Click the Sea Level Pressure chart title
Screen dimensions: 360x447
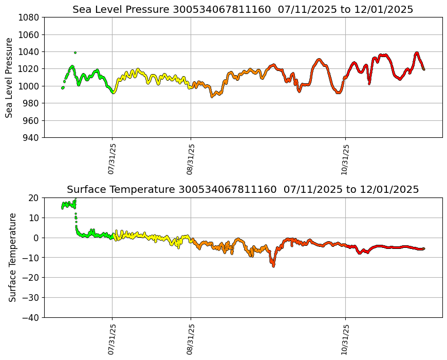(x=243, y=9)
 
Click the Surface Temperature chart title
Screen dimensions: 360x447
(x=243, y=189)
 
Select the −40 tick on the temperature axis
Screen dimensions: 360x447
(x=30, y=318)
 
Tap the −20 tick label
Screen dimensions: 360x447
(x=30, y=278)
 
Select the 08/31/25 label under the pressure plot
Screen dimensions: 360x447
(x=191, y=158)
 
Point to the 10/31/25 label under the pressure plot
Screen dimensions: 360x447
(x=345, y=158)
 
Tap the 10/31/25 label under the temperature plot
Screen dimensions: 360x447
(x=345, y=338)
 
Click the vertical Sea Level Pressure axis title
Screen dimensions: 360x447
(x=10, y=77)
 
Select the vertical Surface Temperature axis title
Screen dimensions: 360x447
(x=13, y=257)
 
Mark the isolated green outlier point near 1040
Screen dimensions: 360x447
(x=75, y=52)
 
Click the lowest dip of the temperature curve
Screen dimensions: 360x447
(x=273, y=266)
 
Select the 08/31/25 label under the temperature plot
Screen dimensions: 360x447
(x=191, y=338)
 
